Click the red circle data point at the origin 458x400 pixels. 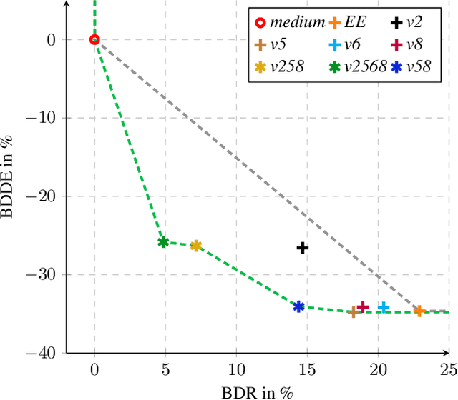click(x=94, y=40)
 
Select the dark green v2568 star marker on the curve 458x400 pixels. click(x=163, y=242)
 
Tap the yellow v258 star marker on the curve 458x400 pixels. click(x=196, y=246)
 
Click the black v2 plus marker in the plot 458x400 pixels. click(x=303, y=248)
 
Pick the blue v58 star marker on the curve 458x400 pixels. click(x=299, y=306)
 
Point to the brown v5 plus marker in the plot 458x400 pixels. click(x=353, y=312)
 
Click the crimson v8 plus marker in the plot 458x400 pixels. click(x=363, y=307)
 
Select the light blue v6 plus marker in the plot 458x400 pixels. click(x=384, y=307)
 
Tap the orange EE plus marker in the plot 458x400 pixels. click(x=419, y=311)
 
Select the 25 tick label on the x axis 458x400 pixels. click(x=448, y=369)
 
